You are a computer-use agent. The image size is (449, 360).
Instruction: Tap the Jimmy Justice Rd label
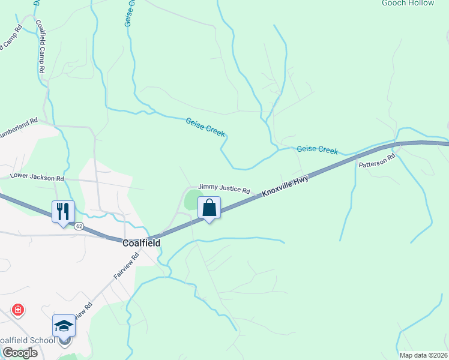click(224, 189)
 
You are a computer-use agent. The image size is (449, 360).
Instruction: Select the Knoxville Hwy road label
click(285, 187)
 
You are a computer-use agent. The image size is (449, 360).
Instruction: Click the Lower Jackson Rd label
click(37, 178)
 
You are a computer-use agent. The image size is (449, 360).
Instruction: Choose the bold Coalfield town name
click(142, 243)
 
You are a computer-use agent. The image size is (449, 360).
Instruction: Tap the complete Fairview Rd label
click(127, 268)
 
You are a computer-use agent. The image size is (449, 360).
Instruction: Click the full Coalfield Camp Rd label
click(41, 47)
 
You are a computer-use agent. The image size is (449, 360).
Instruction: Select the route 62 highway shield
click(79, 226)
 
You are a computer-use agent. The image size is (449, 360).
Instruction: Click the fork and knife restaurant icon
click(63, 211)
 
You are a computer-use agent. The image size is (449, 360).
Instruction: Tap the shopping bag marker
click(209, 208)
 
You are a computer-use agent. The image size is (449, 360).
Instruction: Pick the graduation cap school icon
click(64, 326)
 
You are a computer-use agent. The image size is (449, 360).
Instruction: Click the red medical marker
click(19, 310)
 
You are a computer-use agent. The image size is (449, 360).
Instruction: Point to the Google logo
click(19, 353)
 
